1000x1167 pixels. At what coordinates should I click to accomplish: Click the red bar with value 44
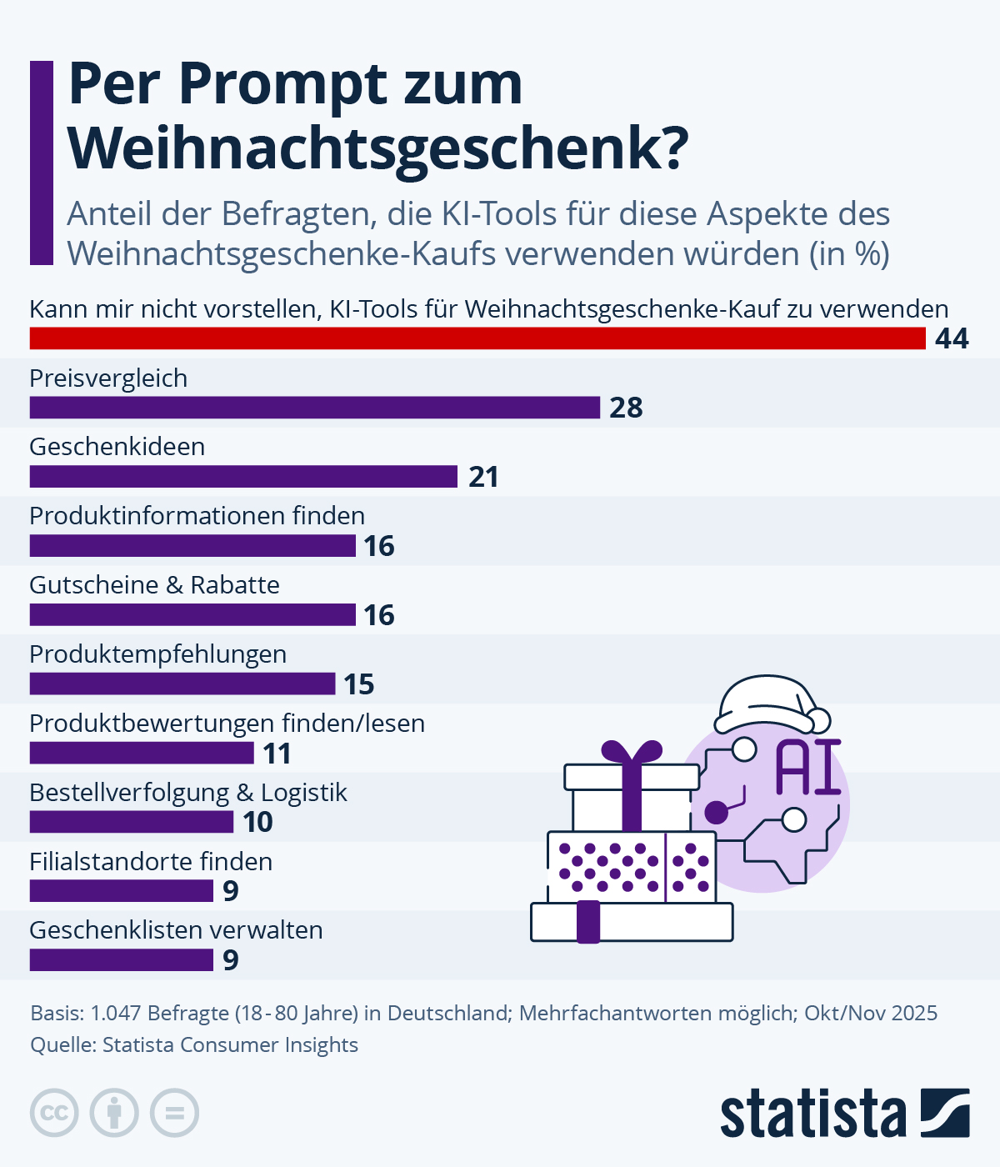[x=477, y=338]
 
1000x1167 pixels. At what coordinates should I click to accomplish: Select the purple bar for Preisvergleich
[x=315, y=408]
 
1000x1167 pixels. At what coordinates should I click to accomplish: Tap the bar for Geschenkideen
[x=243, y=477]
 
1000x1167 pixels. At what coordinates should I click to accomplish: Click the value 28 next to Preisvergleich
[x=626, y=408]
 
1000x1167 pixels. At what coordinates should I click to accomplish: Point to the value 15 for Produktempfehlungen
[x=359, y=684]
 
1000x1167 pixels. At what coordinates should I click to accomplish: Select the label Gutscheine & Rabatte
[x=154, y=585]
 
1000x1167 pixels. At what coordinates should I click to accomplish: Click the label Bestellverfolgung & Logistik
[x=188, y=793]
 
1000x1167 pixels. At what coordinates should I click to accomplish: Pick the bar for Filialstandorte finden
[x=122, y=891]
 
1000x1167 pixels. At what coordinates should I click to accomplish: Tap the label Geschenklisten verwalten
[x=176, y=930]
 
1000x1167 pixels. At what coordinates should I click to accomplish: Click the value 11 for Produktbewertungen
[x=277, y=754]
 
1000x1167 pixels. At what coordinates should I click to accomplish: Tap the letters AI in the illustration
[x=807, y=767]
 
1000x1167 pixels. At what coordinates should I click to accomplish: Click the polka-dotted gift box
[x=631, y=867]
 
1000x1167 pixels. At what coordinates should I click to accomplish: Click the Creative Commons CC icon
[x=54, y=1113]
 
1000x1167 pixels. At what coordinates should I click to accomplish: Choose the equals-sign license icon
[x=175, y=1113]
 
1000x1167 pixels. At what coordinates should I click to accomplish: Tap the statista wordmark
[x=812, y=1113]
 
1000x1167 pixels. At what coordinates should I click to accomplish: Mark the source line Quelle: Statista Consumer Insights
[x=194, y=1045]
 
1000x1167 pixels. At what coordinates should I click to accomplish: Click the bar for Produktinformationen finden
[x=192, y=546]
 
